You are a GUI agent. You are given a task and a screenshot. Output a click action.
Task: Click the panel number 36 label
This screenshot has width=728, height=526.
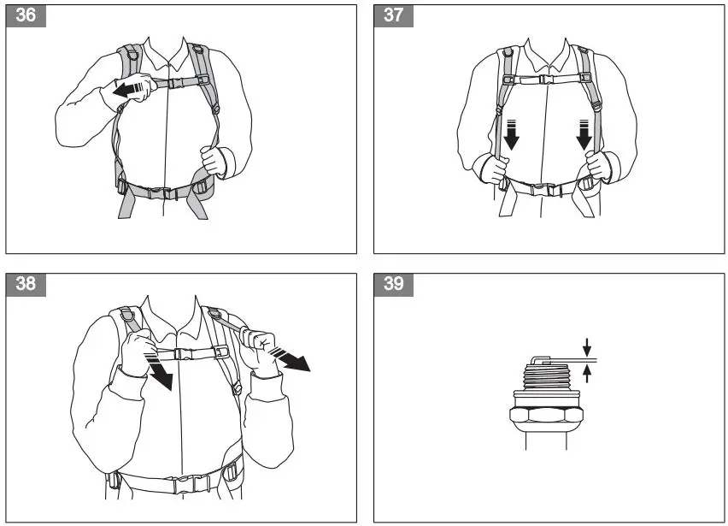26,15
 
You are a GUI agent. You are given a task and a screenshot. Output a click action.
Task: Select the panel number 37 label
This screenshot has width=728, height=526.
394,15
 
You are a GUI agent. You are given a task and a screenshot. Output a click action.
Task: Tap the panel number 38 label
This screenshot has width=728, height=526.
26,284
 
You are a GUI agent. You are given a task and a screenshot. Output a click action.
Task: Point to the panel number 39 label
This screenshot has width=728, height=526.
394,284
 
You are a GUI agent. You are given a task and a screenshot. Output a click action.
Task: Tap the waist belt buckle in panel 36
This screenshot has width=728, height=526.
162,192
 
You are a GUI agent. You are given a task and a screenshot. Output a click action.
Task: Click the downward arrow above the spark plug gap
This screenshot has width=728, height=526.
587,347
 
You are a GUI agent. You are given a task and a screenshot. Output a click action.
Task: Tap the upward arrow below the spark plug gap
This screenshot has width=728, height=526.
587,374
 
